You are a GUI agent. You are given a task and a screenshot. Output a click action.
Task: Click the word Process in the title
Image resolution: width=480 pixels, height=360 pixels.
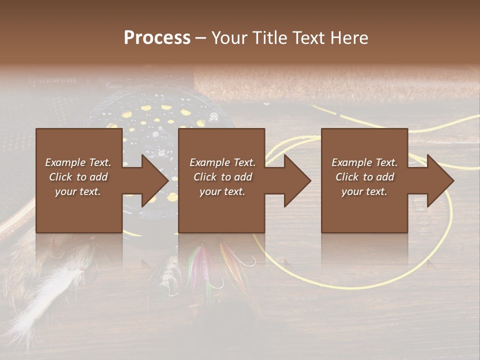coord(157,38)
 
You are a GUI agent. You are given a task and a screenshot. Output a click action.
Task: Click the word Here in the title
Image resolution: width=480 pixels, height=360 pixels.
coord(348,38)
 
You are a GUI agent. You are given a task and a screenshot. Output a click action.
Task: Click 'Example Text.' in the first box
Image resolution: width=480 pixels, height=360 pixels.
coord(78,162)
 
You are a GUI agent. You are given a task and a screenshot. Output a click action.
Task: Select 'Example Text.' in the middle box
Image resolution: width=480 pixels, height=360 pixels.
coord(222,162)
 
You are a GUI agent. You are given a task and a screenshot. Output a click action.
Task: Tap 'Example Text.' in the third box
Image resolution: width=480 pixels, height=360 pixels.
coord(364,162)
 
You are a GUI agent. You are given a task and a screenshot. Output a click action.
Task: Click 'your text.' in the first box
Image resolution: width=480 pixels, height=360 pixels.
coord(78,191)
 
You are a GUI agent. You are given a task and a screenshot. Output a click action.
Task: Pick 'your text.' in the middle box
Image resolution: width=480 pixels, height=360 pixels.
coord(222,191)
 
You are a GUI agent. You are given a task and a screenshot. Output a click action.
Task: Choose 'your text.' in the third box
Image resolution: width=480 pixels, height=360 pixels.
coord(364,191)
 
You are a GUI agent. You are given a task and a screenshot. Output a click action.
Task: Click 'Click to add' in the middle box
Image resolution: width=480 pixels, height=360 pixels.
coord(222,177)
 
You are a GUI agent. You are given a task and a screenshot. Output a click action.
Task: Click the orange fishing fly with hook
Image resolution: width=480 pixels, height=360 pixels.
coord(231,260)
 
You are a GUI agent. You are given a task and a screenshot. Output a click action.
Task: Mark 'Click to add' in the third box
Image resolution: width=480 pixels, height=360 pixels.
coord(364,177)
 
